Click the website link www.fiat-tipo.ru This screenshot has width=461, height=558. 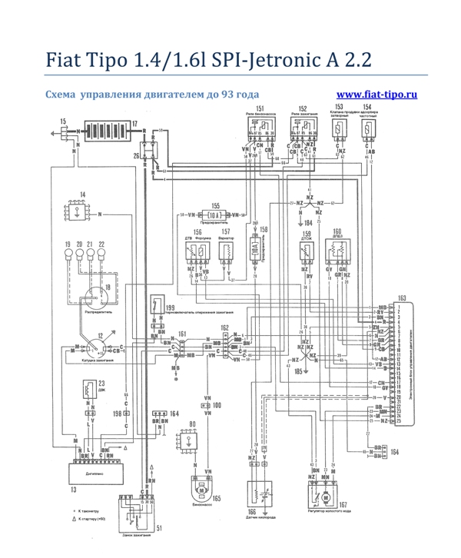(377, 94)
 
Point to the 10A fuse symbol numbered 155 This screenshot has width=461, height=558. (214, 214)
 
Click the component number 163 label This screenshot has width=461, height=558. (402, 296)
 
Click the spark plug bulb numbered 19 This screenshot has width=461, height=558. (68, 251)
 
